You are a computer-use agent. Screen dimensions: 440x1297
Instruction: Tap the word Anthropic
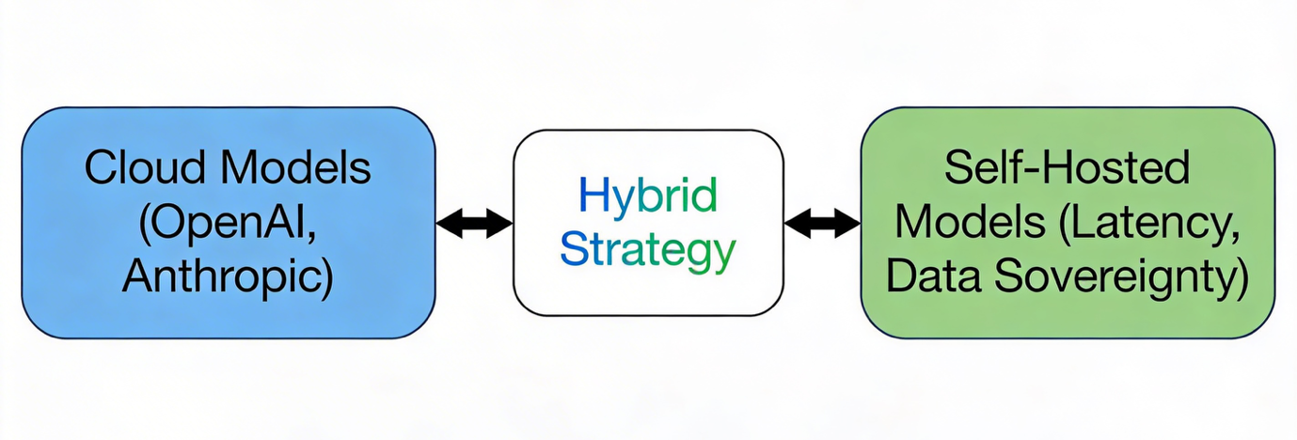coord(221,279)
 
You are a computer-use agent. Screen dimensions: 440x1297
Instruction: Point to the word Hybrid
coord(647,196)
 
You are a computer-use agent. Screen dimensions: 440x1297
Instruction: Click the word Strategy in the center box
coord(647,251)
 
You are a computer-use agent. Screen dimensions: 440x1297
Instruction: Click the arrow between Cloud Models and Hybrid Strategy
coord(474,224)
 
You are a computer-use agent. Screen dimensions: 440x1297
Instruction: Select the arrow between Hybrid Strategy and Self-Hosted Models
coord(822,224)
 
